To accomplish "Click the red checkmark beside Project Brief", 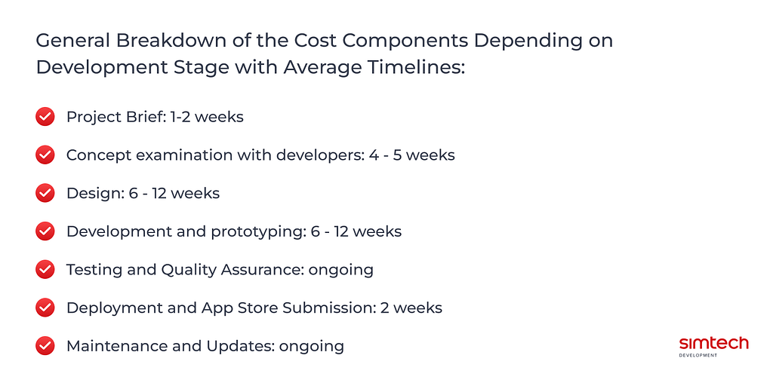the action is click(x=45, y=117).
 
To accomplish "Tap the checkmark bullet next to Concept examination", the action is click(x=45, y=155).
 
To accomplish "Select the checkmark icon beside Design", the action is click(x=45, y=193).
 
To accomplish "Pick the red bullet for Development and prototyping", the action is click(x=45, y=231).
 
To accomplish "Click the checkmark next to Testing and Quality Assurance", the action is click(x=45, y=269).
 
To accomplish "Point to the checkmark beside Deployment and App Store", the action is click(x=45, y=308).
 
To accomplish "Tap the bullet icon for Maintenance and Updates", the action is click(x=45, y=346).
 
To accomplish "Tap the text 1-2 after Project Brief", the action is click(x=180, y=117).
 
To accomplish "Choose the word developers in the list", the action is click(x=320, y=155).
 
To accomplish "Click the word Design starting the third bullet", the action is click(x=95, y=194).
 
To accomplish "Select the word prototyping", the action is click(x=258, y=232).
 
